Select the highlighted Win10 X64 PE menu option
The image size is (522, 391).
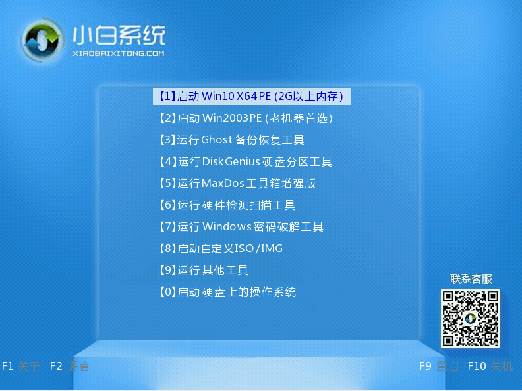pyautogui.click(x=251, y=96)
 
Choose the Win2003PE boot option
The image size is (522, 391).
pyautogui.click(x=246, y=118)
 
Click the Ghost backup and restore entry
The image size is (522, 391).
pyautogui.click(x=232, y=140)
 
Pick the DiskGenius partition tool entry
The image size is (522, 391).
pyautogui.click(x=246, y=161)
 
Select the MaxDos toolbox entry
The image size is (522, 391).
pyautogui.click(x=237, y=183)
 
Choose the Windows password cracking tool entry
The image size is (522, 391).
pyautogui.click(x=241, y=226)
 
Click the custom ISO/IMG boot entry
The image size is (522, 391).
pyautogui.click(x=221, y=248)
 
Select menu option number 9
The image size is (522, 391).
pyautogui.click(x=204, y=271)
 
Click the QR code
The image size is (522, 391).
pyautogui.click(x=471, y=319)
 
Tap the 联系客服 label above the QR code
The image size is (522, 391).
pyautogui.click(x=471, y=279)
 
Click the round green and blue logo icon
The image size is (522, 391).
pyautogui.click(x=42, y=41)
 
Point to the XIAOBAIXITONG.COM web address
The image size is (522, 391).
pyautogui.click(x=119, y=53)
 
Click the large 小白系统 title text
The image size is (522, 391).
pyautogui.click(x=119, y=36)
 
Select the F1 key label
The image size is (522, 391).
pyautogui.click(x=8, y=367)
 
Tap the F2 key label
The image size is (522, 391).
pyautogui.click(x=56, y=367)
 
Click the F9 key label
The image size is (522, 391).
pyautogui.click(x=425, y=367)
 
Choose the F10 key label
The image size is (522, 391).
pyautogui.click(x=477, y=367)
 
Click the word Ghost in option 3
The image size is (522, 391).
pyautogui.click(x=217, y=140)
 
